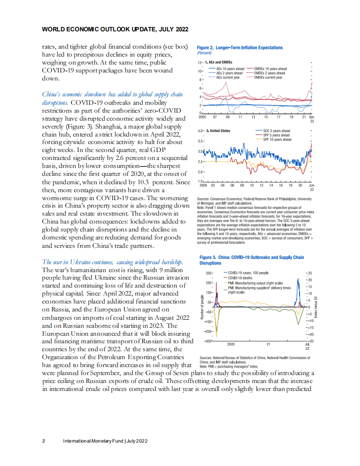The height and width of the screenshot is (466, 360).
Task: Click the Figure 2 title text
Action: coord(240,48)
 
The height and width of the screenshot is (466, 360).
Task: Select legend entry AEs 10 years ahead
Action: coord(230,69)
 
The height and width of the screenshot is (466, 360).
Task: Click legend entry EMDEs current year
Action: coord(268,77)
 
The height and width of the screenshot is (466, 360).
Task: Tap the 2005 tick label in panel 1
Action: coord(202,118)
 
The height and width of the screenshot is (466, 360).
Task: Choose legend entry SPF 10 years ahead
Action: coord(277,140)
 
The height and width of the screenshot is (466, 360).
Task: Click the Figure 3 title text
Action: coord(252,260)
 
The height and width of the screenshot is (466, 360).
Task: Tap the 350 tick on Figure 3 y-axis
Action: coord(209,273)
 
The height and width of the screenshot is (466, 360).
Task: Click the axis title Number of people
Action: coord(202,306)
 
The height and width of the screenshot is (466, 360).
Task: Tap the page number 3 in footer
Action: coord(43,441)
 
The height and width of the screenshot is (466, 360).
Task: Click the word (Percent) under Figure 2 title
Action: coord(205,53)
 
